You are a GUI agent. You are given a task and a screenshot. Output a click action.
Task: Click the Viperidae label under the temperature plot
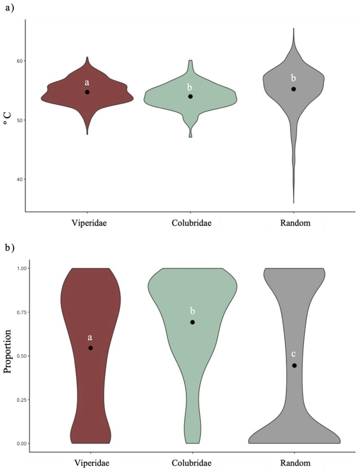(x=87, y=223)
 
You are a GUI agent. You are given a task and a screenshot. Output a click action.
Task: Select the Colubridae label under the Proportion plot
(x=192, y=463)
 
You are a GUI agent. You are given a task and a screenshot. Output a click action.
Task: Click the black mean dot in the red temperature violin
(x=87, y=92)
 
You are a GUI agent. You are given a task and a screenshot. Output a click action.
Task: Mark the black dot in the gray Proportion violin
(x=294, y=366)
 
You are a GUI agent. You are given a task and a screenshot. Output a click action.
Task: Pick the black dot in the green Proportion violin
(x=192, y=322)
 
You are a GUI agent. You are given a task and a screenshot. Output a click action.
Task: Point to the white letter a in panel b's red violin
(x=90, y=337)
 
